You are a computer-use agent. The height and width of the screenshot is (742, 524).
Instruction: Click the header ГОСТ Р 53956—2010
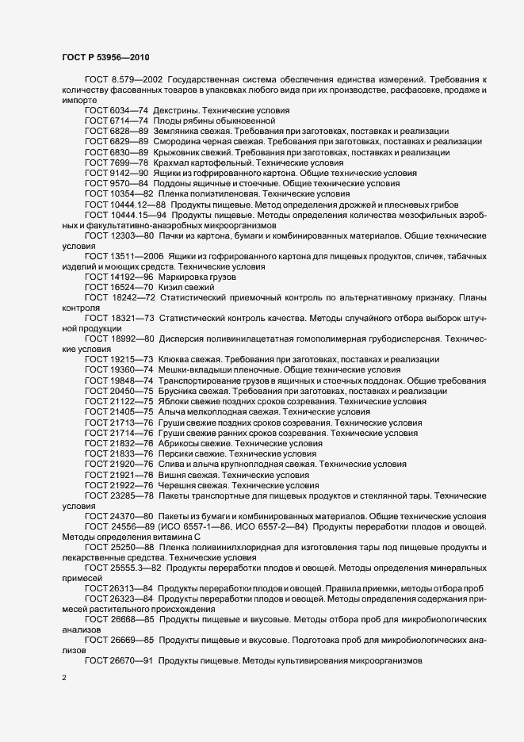click(104, 56)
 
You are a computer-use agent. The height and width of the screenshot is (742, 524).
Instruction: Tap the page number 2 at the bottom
click(64, 678)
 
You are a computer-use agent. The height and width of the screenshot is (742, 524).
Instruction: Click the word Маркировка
click(188, 276)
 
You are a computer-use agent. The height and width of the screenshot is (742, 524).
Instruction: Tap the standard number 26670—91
click(132, 660)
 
